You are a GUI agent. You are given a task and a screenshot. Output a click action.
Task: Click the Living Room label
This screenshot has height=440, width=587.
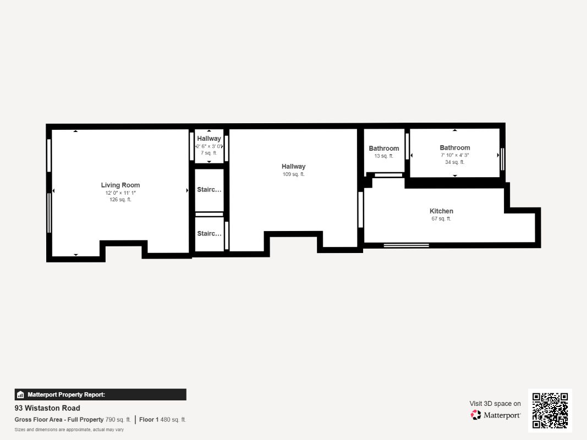point(120,185)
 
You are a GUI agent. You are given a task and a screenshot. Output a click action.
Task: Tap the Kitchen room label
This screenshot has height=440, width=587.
point(441,211)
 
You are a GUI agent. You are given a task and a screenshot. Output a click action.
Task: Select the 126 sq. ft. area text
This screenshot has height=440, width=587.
point(120,200)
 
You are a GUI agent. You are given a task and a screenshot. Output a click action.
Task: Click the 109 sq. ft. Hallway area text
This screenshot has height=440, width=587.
point(293,174)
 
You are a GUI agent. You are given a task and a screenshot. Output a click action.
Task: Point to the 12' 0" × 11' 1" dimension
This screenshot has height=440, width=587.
point(120,193)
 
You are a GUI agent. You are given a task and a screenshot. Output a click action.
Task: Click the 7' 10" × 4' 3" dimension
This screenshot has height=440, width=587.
point(454,155)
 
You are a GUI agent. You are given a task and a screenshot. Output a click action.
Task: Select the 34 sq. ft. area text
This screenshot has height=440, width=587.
point(454,162)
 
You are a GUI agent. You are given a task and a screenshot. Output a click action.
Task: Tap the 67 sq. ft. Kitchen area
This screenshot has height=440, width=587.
point(441,219)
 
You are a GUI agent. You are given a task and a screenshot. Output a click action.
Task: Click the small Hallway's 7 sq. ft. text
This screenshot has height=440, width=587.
point(209,153)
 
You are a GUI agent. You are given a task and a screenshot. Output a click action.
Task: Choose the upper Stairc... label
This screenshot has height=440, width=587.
point(209,190)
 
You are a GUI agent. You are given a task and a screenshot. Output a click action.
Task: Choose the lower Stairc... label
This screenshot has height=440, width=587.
point(209,234)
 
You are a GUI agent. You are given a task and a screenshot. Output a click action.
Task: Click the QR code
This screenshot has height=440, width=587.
point(550,410)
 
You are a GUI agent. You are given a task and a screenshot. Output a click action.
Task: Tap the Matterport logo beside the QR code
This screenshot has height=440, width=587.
point(495,415)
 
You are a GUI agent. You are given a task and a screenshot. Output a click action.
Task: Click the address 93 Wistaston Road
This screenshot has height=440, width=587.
point(47,408)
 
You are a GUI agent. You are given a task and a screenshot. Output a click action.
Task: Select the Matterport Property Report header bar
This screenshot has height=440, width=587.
point(100,394)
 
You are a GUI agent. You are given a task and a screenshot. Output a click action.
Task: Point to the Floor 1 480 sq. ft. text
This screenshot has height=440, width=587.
point(162,420)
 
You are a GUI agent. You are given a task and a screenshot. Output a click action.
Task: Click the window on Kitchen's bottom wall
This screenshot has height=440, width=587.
point(406,245)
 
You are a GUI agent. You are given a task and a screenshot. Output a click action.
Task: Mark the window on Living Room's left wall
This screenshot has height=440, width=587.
point(50,212)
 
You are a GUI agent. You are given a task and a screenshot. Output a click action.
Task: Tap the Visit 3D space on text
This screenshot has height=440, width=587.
point(495,404)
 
